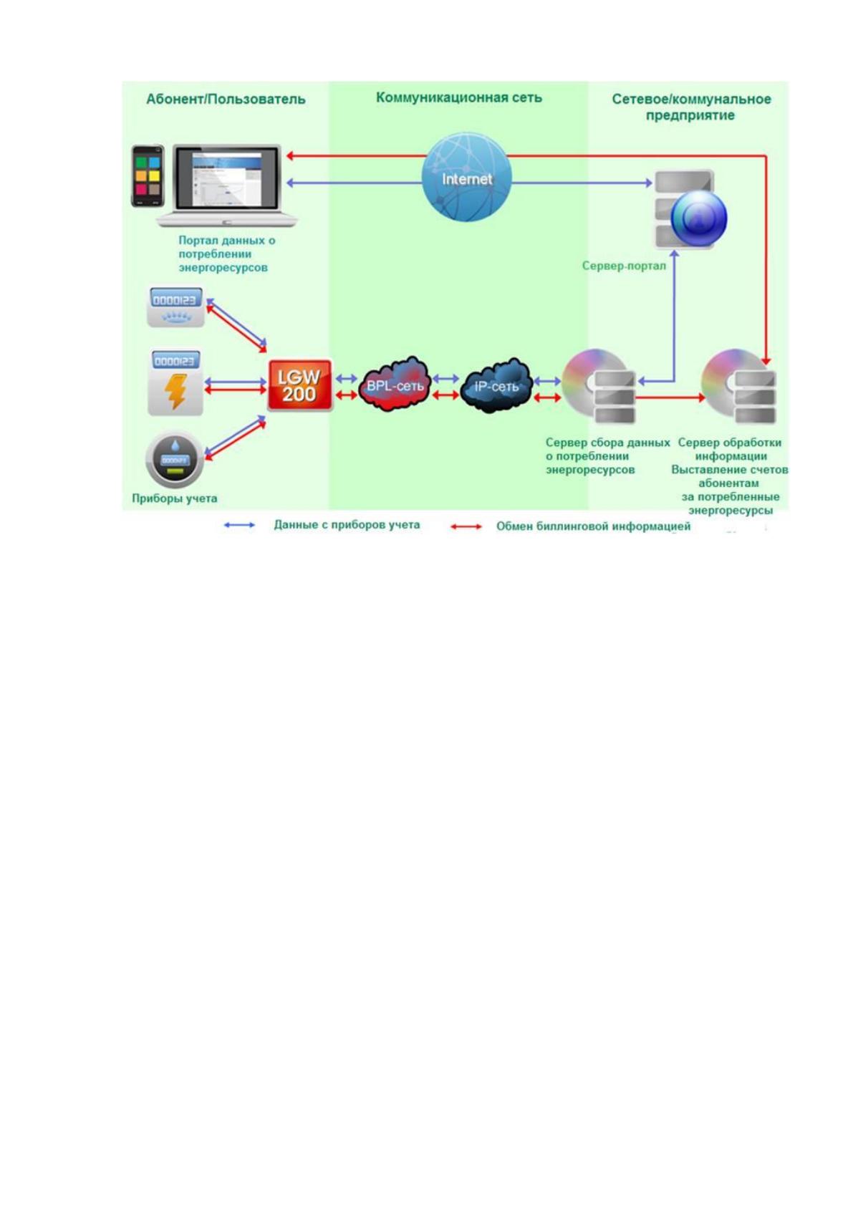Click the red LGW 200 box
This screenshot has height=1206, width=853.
[x=300, y=385]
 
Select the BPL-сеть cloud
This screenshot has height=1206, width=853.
[x=395, y=385]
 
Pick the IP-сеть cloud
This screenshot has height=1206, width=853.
[x=496, y=385]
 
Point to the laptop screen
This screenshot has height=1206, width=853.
[x=227, y=180]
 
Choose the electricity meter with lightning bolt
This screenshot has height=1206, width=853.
[x=175, y=382]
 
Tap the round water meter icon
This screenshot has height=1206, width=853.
[x=175, y=459]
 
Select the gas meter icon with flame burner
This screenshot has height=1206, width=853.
[x=176, y=307]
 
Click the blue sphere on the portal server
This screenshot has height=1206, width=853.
[x=699, y=218]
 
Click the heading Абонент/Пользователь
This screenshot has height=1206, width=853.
[x=226, y=99]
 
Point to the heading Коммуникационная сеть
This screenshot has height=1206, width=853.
[x=459, y=97]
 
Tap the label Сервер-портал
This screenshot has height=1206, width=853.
[x=624, y=266]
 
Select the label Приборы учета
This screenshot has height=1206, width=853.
[x=175, y=498]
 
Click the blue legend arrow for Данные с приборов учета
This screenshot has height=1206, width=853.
[x=240, y=525]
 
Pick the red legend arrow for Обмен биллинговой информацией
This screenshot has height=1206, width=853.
[x=466, y=526]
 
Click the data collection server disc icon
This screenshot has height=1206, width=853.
[x=599, y=386]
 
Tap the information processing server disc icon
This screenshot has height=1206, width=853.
[x=738, y=386]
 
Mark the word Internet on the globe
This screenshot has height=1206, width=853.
[x=467, y=179]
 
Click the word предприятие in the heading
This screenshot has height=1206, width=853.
[x=690, y=116]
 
